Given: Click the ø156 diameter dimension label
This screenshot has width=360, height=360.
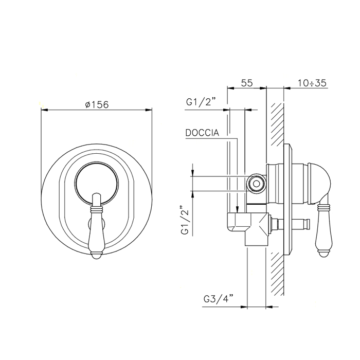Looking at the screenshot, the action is pos(97,105).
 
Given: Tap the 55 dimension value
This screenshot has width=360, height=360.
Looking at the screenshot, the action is pos(247,83).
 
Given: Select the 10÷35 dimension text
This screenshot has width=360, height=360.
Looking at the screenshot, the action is pos(312,83).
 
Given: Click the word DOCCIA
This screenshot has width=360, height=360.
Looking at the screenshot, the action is pos(202,133).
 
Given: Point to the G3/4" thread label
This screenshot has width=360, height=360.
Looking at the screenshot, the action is pos(219,299).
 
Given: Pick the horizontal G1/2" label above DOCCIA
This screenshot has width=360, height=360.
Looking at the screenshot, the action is pos(202,102).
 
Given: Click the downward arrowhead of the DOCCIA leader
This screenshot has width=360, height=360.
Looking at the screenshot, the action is pos(238,209).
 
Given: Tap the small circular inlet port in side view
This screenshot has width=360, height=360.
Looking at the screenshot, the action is pos(256,184).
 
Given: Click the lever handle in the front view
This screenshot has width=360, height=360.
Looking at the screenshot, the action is pos(97,226).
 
